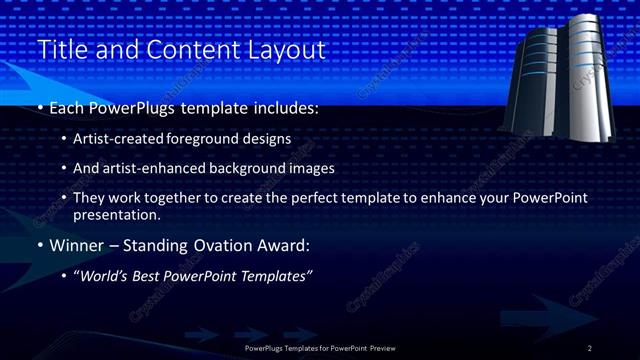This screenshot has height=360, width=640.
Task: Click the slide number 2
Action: (x=590, y=348)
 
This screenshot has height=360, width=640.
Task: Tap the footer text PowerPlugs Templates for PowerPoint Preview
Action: (x=320, y=348)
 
